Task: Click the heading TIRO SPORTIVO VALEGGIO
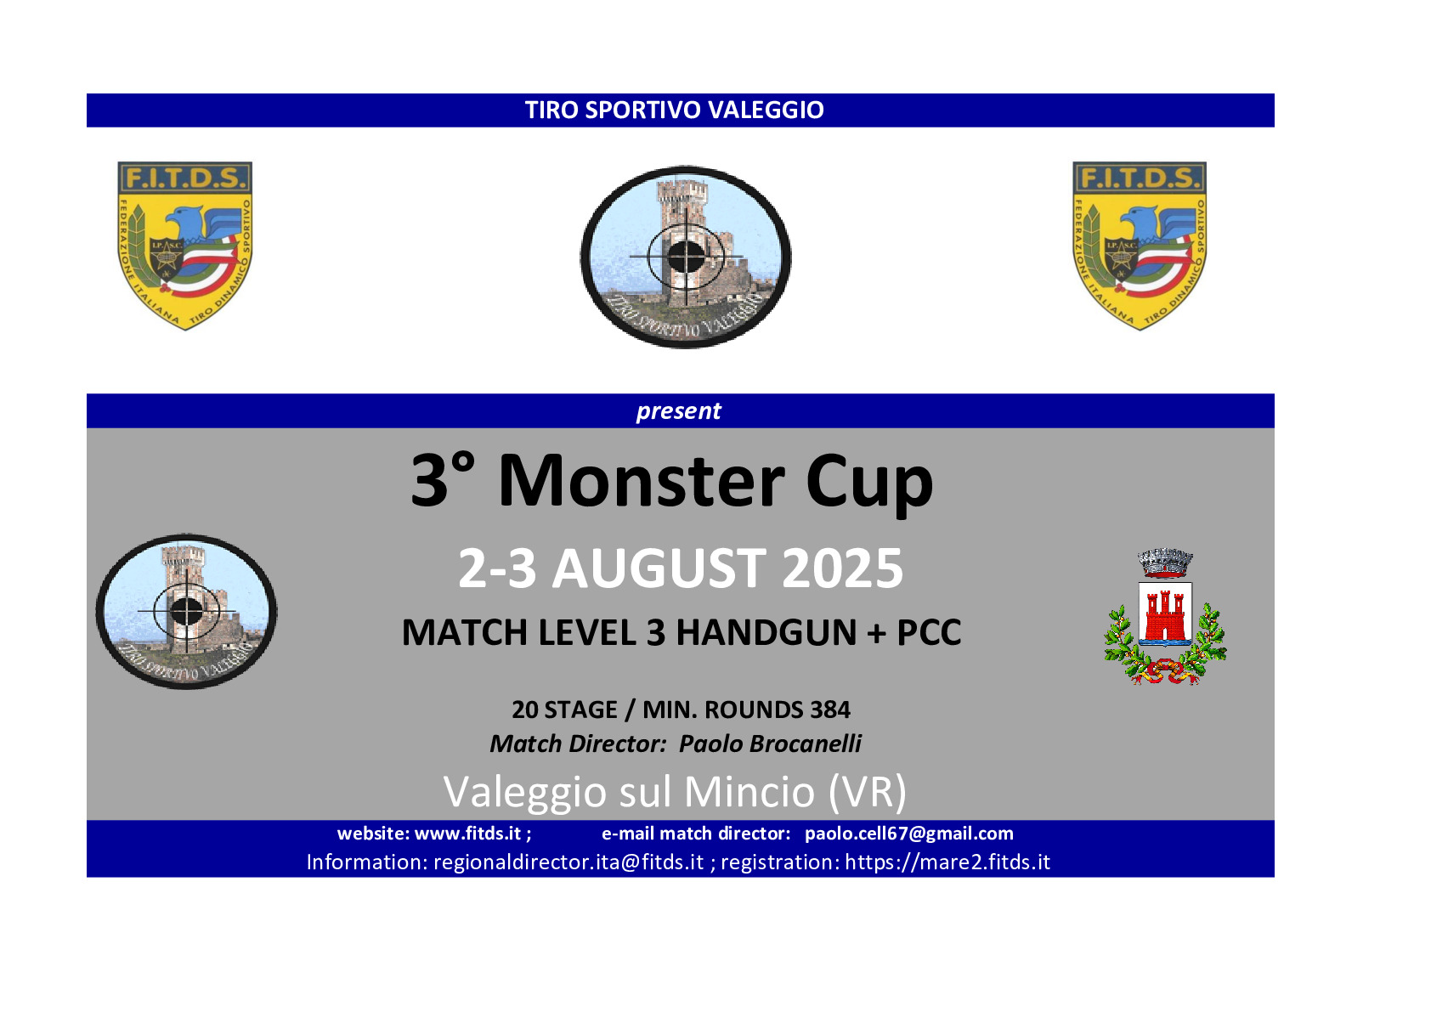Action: [674, 110]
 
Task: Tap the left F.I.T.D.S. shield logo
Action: [185, 246]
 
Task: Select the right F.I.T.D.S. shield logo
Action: [1140, 246]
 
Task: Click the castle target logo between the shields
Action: [686, 257]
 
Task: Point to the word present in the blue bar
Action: [678, 410]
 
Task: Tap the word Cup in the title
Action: [869, 483]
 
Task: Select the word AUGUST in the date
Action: [659, 568]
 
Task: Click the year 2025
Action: [843, 568]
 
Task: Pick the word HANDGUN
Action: [766, 632]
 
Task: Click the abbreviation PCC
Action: [929, 632]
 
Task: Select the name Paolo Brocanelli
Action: [770, 743]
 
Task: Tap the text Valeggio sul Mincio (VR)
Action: [675, 792]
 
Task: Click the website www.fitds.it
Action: [467, 834]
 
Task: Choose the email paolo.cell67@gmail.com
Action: [909, 834]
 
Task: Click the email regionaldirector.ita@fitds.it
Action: [568, 862]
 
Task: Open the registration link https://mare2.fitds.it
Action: [947, 862]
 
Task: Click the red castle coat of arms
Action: [1165, 617]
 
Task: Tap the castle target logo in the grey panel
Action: [187, 612]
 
